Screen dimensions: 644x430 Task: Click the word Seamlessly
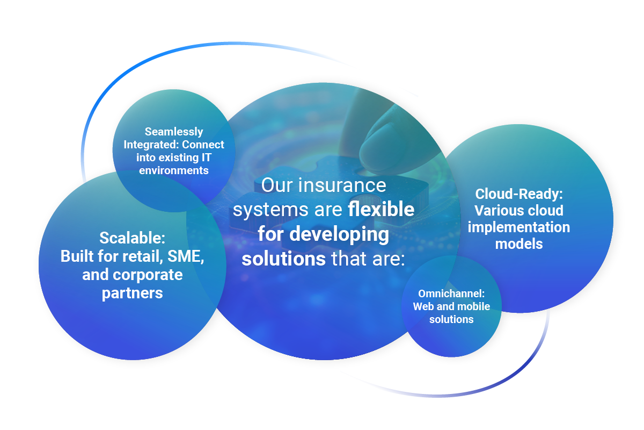(x=174, y=132)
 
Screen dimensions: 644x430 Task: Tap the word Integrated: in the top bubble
(x=151, y=145)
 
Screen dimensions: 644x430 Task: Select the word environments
(x=174, y=170)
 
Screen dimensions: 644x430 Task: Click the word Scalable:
(x=132, y=238)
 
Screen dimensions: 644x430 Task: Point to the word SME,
(x=186, y=256)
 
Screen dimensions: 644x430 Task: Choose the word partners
(x=132, y=293)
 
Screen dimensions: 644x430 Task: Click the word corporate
(x=148, y=275)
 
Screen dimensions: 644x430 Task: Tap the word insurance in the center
(x=342, y=185)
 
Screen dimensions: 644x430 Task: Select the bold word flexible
(x=381, y=209)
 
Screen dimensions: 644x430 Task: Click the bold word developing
(x=339, y=234)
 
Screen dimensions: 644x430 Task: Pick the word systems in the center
(x=270, y=210)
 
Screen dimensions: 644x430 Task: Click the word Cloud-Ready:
(x=519, y=194)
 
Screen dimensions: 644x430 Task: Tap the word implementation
(x=519, y=227)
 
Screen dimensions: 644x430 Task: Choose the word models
(x=519, y=244)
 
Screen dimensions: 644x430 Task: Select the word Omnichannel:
(x=451, y=294)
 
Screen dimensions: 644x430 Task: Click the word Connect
(x=203, y=145)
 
